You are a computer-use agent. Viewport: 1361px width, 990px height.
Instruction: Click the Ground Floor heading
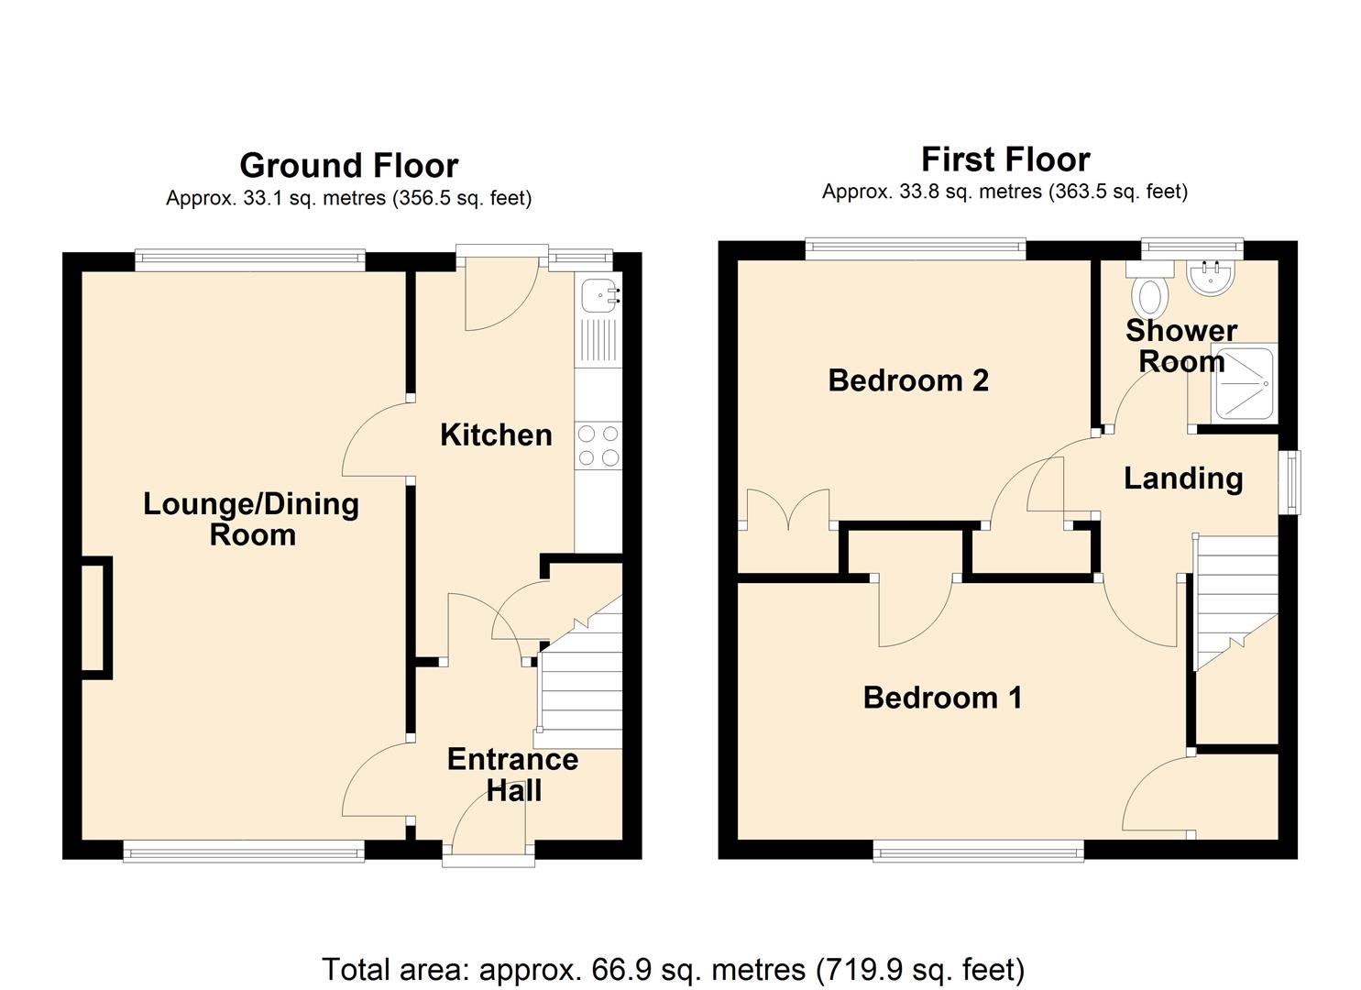click(x=348, y=166)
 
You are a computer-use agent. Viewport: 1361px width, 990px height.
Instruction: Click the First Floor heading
click(x=1004, y=159)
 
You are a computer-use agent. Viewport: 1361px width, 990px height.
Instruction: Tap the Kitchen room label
click(x=496, y=434)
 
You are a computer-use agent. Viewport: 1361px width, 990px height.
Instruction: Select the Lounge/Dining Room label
click(x=251, y=519)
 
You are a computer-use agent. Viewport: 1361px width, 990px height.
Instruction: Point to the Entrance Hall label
click(x=512, y=775)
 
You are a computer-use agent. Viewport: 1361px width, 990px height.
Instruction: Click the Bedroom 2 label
click(x=907, y=380)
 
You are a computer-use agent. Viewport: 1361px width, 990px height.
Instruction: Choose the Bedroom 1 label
click(x=942, y=698)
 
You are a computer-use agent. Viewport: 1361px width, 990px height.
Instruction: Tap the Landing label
click(x=1183, y=478)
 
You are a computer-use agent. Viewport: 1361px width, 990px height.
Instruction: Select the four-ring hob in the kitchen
click(x=598, y=445)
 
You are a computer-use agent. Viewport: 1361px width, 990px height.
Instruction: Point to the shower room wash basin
click(x=1213, y=277)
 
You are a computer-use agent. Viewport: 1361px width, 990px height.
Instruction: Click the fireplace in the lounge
click(x=96, y=618)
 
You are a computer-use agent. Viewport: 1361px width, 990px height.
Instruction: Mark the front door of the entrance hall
click(x=488, y=859)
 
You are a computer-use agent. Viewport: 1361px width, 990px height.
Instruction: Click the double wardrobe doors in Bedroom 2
click(x=788, y=511)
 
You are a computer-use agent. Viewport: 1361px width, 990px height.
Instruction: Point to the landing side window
click(x=1290, y=481)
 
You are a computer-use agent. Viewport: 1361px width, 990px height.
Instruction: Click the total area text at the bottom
click(x=673, y=969)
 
